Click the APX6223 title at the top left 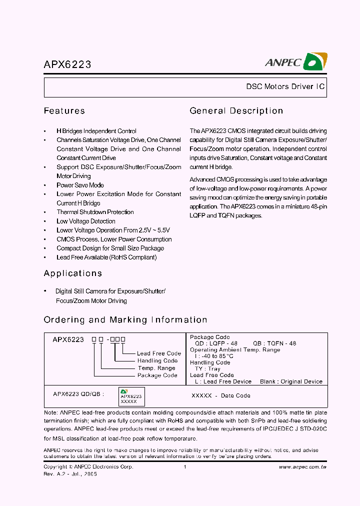coord(67,64)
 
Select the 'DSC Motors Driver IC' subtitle coord(285,87)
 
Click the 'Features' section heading coord(64,111)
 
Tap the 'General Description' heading coord(236,111)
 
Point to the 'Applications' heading coord(73,273)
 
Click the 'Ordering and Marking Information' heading coord(125,320)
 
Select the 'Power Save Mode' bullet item coord(80,185)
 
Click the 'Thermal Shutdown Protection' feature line coord(95,212)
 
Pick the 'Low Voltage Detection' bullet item coord(85,221)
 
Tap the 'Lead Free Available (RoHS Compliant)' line coord(106,257)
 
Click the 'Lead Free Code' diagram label coord(158,353)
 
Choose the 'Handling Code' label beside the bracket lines coord(157,360)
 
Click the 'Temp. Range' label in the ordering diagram coord(156,368)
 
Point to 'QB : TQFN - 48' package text coord(274,343)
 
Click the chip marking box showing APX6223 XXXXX coord(131,396)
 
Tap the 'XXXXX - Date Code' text coord(221,395)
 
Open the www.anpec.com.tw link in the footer coord(302,467)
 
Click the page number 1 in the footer coord(185,467)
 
